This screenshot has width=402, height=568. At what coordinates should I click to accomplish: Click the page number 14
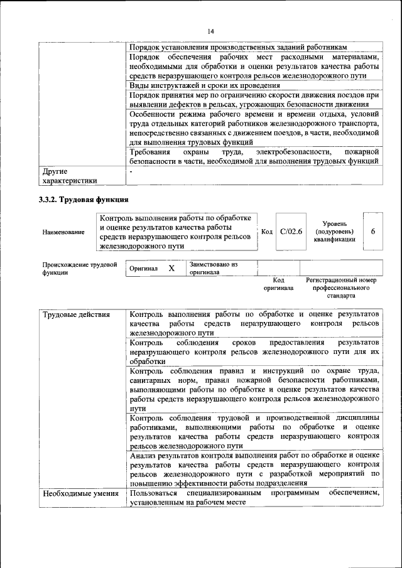[x=210, y=31]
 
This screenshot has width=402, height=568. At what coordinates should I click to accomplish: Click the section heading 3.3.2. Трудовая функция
[x=84, y=200]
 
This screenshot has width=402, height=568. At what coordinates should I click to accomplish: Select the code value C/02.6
[x=291, y=232]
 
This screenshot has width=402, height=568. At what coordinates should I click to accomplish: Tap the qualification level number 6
[x=373, y=232]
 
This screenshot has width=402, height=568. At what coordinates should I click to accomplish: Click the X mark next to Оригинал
[x=171, y=268]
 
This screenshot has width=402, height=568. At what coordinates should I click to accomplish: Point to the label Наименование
[x=63, y=232]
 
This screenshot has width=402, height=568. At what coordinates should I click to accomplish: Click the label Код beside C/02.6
[x=266, y=232]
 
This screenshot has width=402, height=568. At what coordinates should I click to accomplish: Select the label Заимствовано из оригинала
[x=214, y=269]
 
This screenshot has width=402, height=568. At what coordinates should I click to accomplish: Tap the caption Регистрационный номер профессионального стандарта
[x=341, y=287]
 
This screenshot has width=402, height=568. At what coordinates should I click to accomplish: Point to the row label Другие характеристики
[x=69, y=176]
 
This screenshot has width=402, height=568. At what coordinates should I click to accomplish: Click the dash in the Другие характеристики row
[x=131, y=171]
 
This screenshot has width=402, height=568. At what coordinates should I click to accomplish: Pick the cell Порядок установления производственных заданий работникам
[x=237, y=48]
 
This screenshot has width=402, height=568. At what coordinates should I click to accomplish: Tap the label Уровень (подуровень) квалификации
[x=335, y=232]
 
